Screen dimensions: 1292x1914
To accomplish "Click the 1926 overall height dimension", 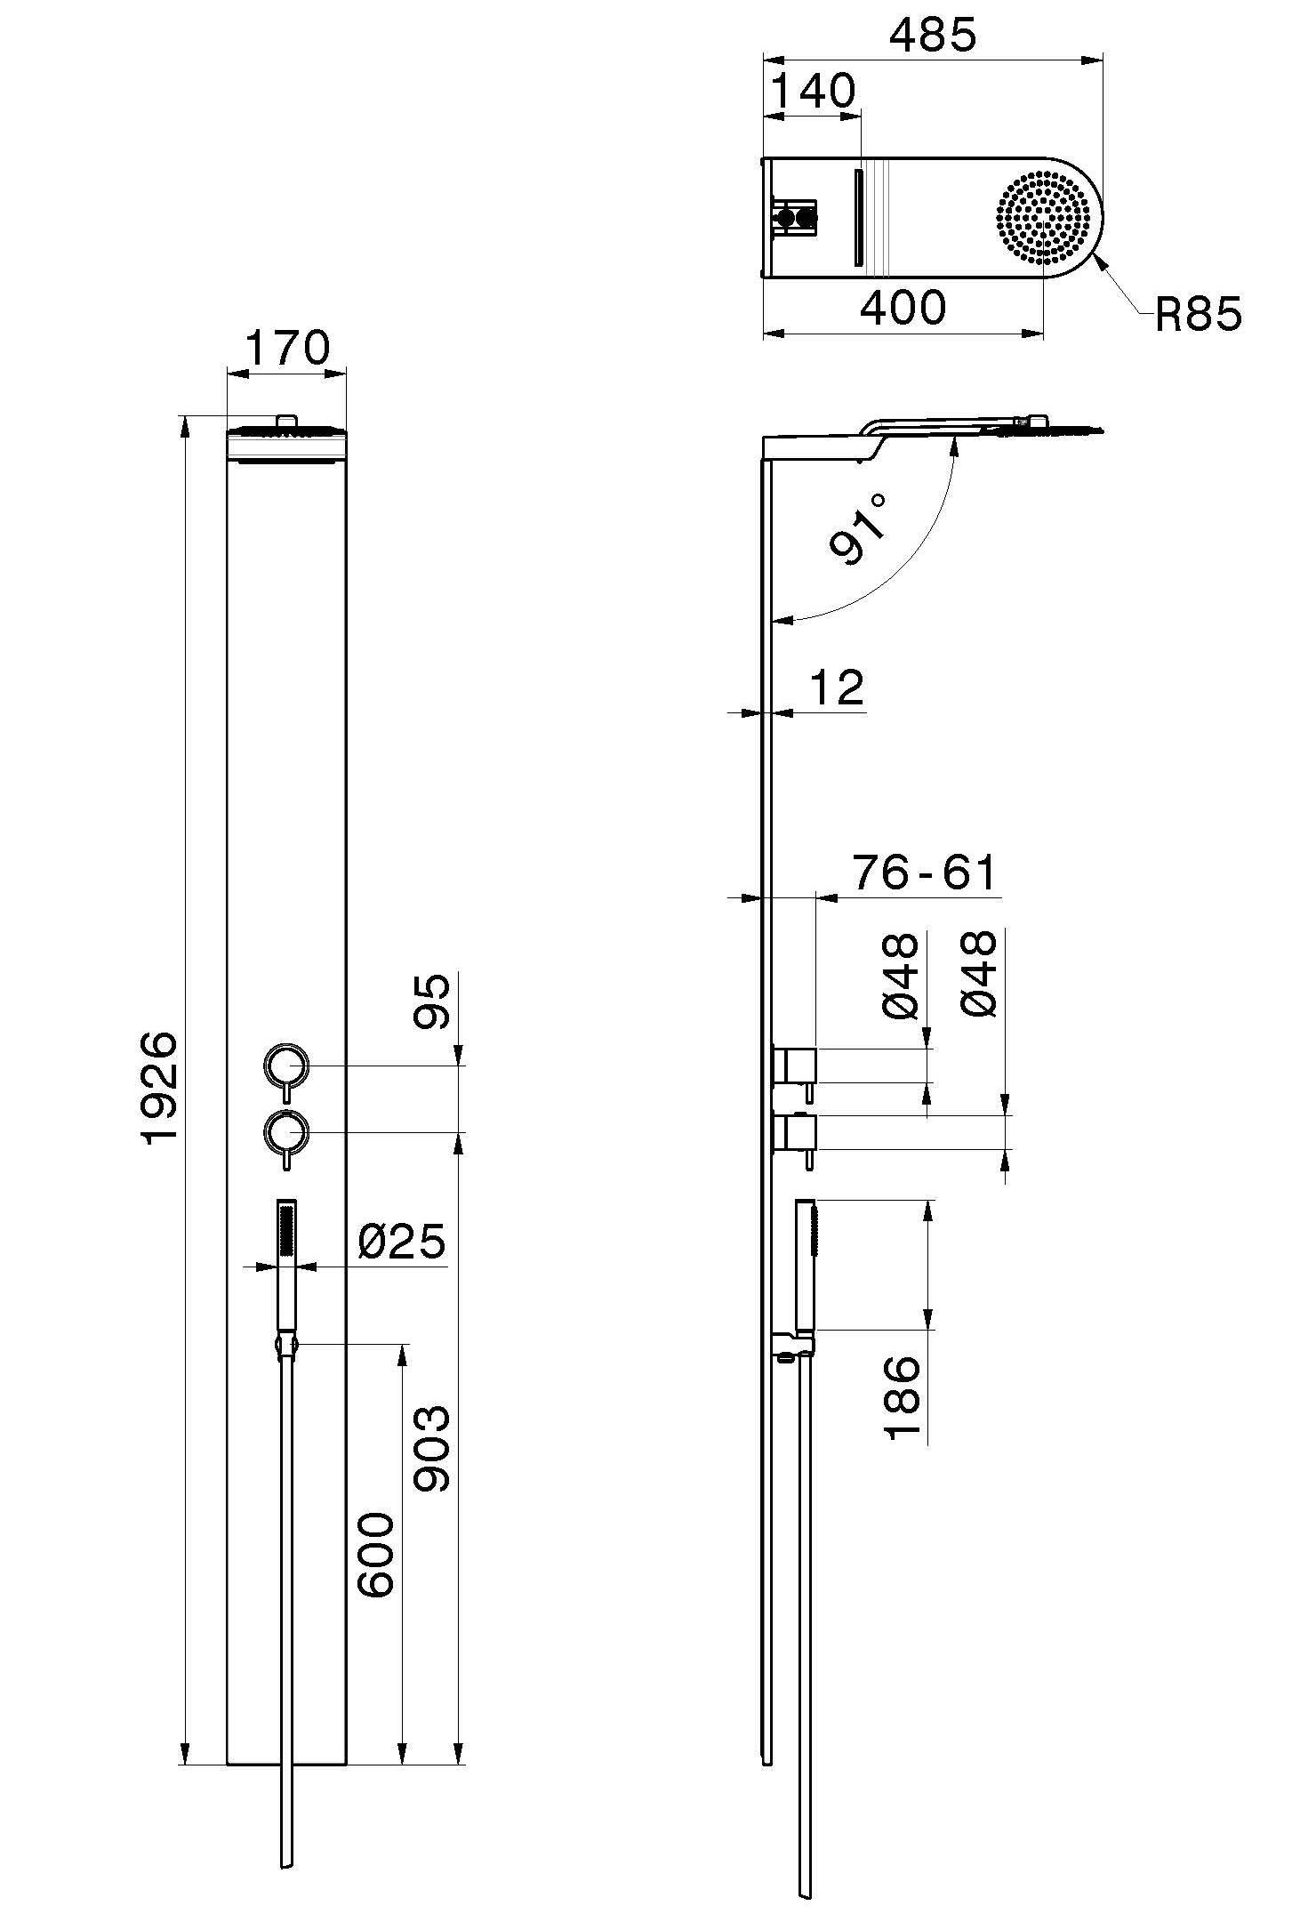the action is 162,1088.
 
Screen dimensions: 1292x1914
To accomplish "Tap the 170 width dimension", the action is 286,348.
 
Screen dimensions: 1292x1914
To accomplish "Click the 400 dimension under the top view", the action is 903,308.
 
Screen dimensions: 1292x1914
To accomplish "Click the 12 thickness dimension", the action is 838,688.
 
